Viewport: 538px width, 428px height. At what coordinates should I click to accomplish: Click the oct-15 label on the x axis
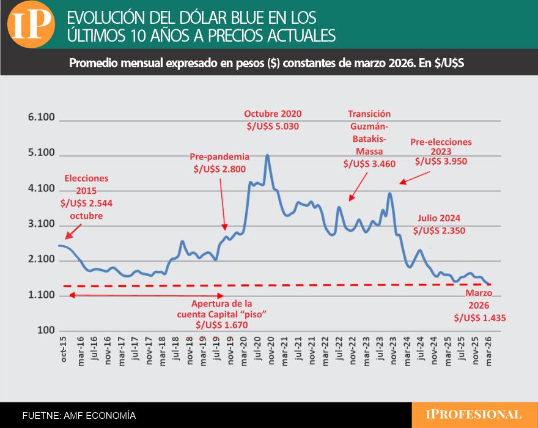[64, 350]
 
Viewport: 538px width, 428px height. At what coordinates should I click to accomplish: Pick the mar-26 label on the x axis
[488, 350]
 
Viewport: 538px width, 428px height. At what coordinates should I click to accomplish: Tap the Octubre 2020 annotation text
[273, 114]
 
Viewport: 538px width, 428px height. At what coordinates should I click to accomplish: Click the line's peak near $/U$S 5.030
[267, 156]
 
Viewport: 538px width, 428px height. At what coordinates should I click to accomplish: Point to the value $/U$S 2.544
[86, 203]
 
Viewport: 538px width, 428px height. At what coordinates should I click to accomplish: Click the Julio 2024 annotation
[439, 218]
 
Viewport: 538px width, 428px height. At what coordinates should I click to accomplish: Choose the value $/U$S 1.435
[480, 318]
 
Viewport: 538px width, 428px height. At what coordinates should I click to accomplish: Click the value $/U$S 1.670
[221, 325]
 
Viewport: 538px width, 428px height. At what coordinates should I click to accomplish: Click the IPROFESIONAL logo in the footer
[474, 415]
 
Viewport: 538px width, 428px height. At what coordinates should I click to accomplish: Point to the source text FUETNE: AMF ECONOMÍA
[79, 416]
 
